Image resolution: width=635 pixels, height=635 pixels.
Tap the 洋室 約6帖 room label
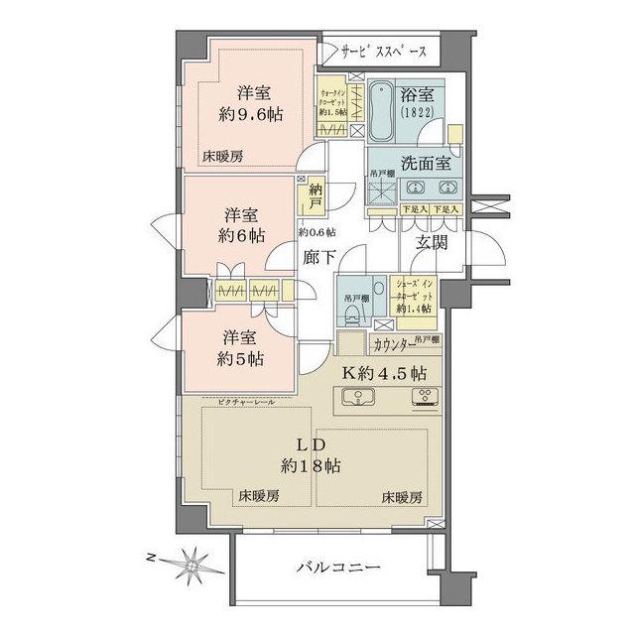tap(243, 225)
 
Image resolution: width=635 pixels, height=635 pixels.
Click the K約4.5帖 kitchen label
tap(385, 374)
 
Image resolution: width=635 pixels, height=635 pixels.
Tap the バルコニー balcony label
tap(337, 568)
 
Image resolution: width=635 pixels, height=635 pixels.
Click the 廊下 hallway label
tap(318, 256)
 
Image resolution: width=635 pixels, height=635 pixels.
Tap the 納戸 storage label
tap(316, 196)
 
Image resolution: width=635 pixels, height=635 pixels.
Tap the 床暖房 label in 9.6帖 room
tap(223, 156)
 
